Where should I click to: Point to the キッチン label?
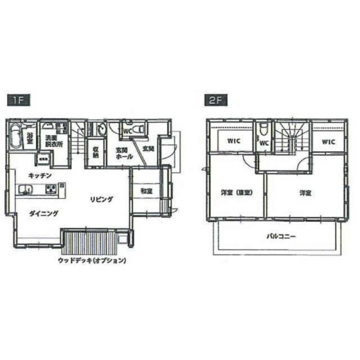click(40, 175)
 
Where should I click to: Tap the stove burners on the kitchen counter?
click(50, 189)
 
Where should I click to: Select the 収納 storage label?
click(95, 153)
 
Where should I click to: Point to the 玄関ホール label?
click(125, 153)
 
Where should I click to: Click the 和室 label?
click(146, 192)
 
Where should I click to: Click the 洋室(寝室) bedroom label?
click(236, 193)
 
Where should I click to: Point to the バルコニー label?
click(281, 237)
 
